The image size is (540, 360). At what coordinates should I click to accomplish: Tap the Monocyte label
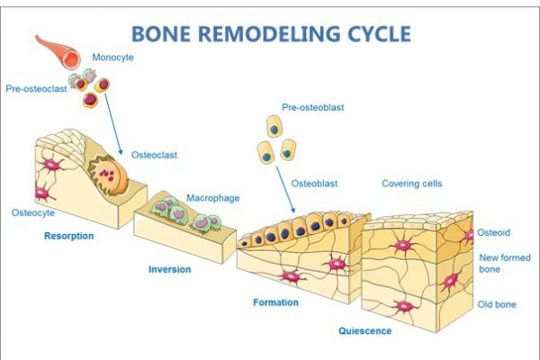coord(112,58)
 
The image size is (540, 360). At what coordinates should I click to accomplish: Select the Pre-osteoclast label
coord(36,89)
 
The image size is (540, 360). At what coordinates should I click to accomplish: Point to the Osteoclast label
coord(154,155)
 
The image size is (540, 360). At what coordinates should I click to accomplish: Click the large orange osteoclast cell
coord(108,175)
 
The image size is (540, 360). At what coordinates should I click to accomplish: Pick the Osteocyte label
coord(33,212)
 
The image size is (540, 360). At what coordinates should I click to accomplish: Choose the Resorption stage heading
coord(69,236)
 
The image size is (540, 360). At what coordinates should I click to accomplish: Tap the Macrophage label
coord(212,198)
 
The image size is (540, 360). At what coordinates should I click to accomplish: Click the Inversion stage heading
coord(169,269)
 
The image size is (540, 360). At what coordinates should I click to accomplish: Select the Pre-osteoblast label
coord(312,107)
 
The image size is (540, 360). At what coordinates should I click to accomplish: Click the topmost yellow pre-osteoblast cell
coord(274,126)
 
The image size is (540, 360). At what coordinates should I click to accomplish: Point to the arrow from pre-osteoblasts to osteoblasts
coord(286,190)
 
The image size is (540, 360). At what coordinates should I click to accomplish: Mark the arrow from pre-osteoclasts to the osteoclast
coord(113,123)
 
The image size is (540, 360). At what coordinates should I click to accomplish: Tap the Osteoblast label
coord(314,184)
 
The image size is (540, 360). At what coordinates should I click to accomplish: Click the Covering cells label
coord(411,184)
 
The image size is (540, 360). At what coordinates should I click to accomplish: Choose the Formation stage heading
coord(275,302)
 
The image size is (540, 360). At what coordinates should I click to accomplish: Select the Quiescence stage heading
coord(365,331)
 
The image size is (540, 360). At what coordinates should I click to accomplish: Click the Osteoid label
coord(493,232)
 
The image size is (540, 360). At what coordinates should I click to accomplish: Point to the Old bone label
coord(497,304)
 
